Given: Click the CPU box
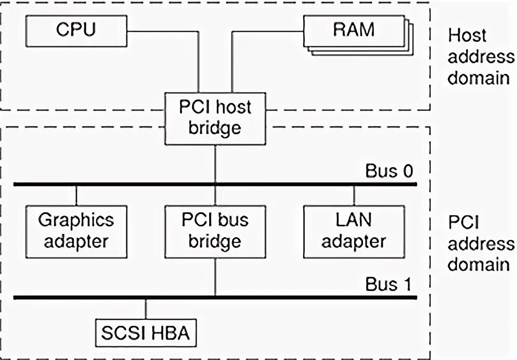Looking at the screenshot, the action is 76,31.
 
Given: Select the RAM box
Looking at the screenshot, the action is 354,30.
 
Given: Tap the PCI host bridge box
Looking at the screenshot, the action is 215,119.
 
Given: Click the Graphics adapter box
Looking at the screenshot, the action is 76,232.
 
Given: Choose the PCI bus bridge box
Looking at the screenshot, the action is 215,232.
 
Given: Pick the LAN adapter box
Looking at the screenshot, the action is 354,232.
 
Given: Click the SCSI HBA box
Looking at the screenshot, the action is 146,333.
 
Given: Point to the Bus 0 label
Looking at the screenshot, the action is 389,171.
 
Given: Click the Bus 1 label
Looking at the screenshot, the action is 389,284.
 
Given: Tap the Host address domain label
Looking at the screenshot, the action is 481,57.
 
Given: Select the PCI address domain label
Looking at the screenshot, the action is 481,243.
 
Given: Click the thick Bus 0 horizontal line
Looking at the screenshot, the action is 215,184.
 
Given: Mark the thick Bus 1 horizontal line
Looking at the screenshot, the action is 215,298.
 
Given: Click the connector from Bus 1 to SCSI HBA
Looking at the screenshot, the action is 146,309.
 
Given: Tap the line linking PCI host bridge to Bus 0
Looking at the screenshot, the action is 215,163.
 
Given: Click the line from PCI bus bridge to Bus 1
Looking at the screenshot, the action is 215,277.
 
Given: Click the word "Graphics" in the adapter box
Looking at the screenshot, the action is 76,220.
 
